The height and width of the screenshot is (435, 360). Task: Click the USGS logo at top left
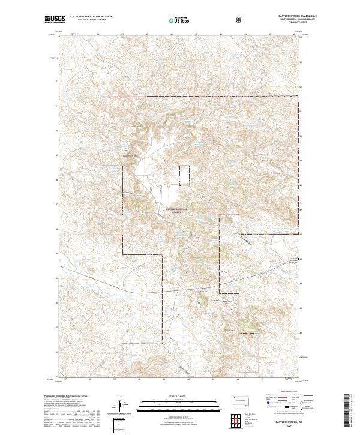(55, 20)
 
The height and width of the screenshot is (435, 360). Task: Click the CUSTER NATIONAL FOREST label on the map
(176, 210)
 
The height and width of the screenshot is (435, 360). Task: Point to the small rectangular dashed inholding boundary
(184, 174)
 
